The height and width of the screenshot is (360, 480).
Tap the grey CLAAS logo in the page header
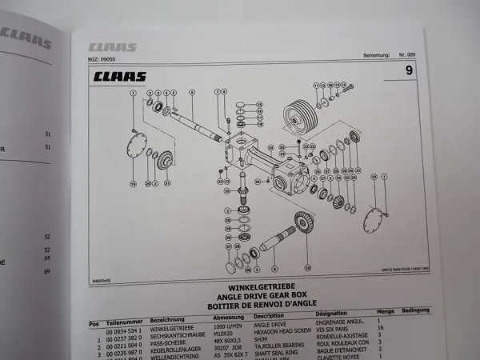[112, 47]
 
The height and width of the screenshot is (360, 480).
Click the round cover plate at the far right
[372, 214]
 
